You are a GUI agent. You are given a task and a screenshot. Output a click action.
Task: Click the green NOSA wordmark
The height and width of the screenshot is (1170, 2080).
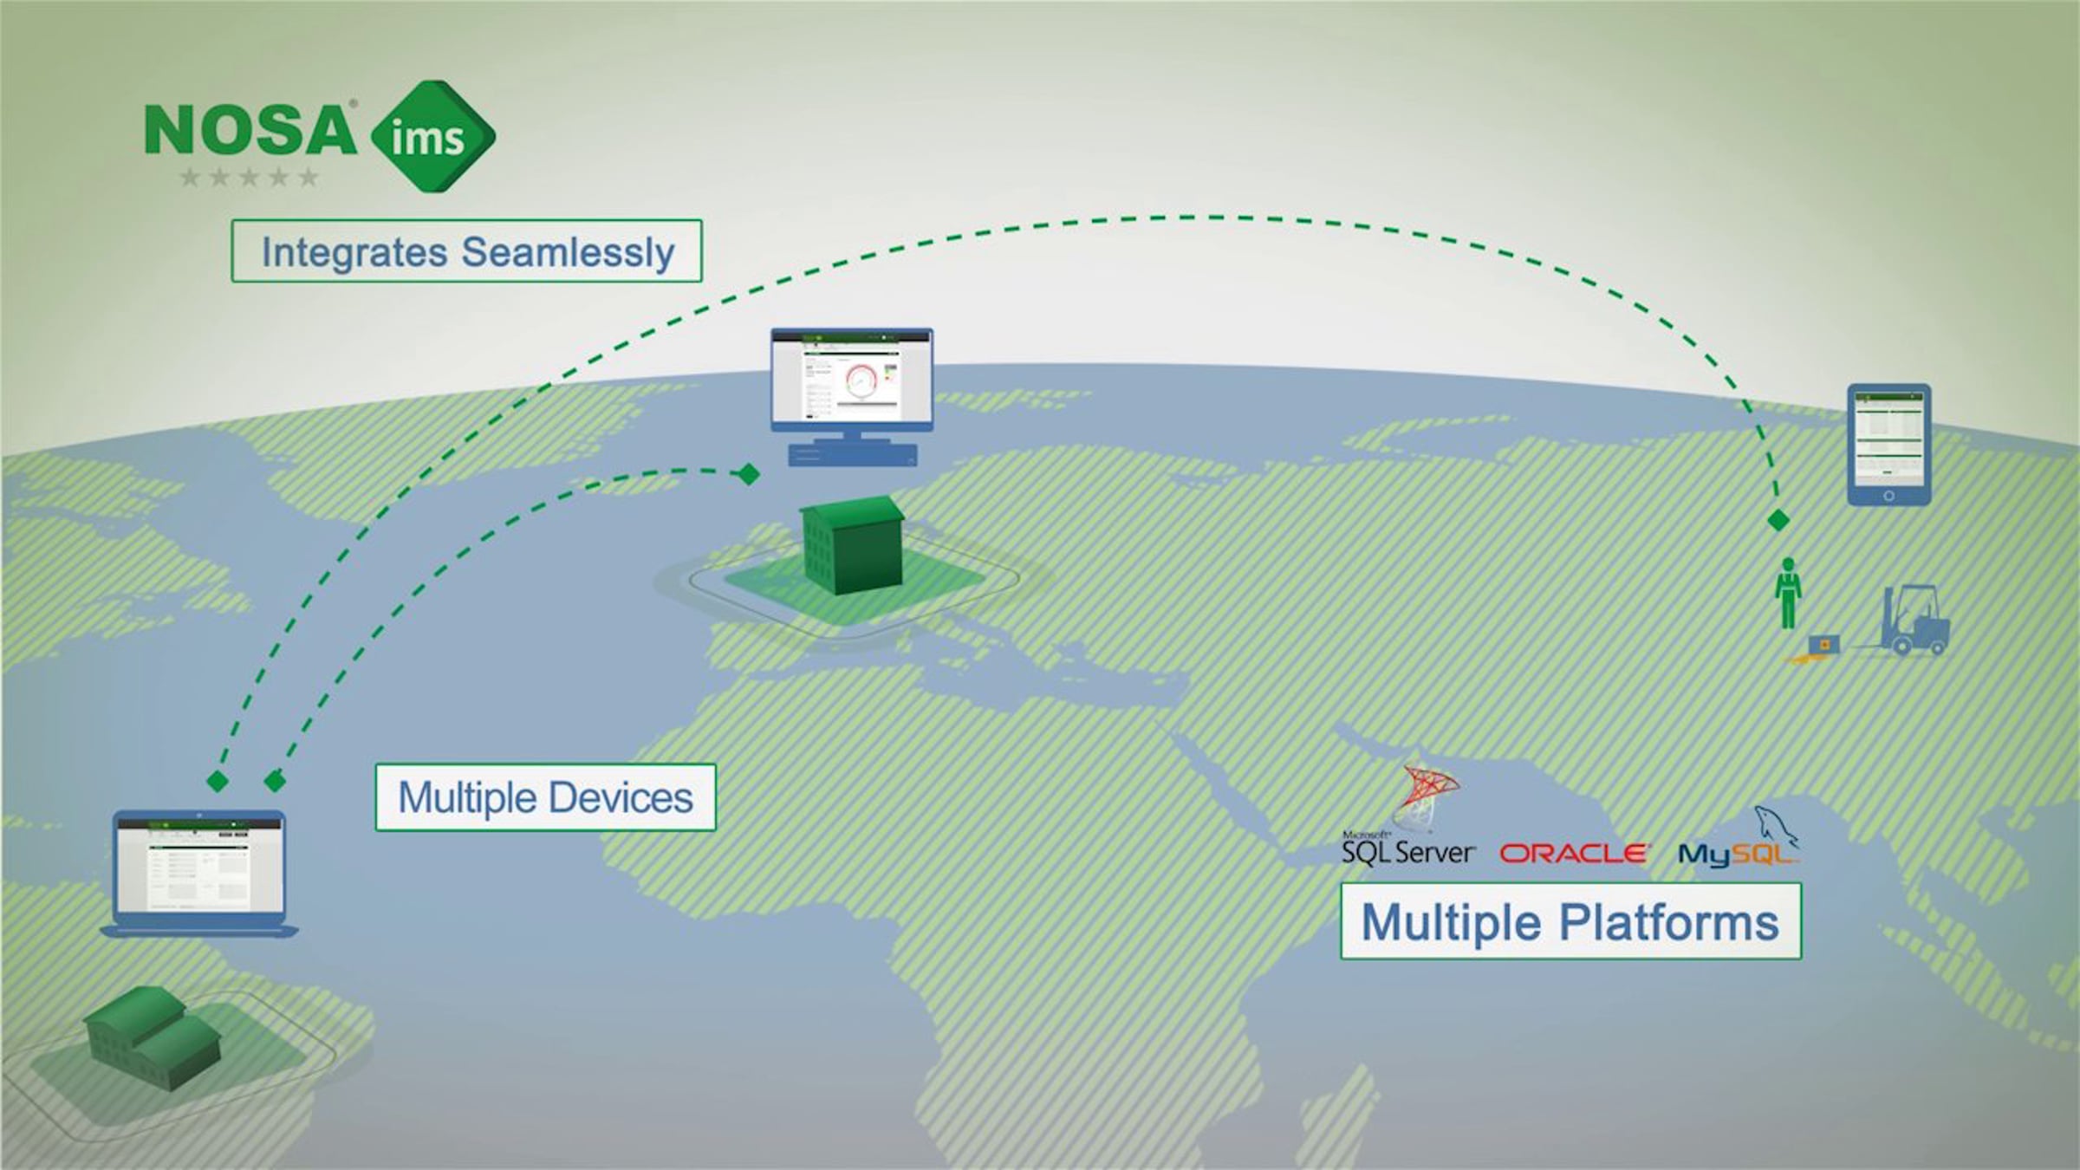pyautogui.click(x=250, y=130)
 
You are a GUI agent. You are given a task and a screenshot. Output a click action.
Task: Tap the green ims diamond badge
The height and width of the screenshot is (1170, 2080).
pyautogui.click(x=432, y=137)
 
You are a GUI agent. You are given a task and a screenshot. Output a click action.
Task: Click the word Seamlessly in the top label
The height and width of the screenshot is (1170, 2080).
pyautogui.click(x=568, y=252)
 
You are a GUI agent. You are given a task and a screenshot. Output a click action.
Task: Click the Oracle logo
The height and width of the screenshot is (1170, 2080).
pyautogui.click(x=1573, y=854)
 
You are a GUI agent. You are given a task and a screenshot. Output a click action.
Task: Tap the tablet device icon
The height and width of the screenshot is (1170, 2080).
pyautogui.click(x=1888, y=444)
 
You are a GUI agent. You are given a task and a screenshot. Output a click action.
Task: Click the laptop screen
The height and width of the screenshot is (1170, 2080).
pyautogui.click(x=198, y=864)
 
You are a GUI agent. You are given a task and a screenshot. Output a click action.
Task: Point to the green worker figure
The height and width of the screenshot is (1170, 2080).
pyautogui.click(x=1787, y=594)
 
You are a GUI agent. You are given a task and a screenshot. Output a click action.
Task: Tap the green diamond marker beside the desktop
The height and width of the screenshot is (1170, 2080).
pyautogui.click(x=748, y=474)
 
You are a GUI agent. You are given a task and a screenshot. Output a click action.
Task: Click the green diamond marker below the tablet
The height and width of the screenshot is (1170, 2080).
pyautogui.click(x=1778, y=520)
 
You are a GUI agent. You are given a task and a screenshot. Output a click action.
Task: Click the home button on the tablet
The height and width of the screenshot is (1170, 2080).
pyautogui.click(x=1888, y=496)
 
